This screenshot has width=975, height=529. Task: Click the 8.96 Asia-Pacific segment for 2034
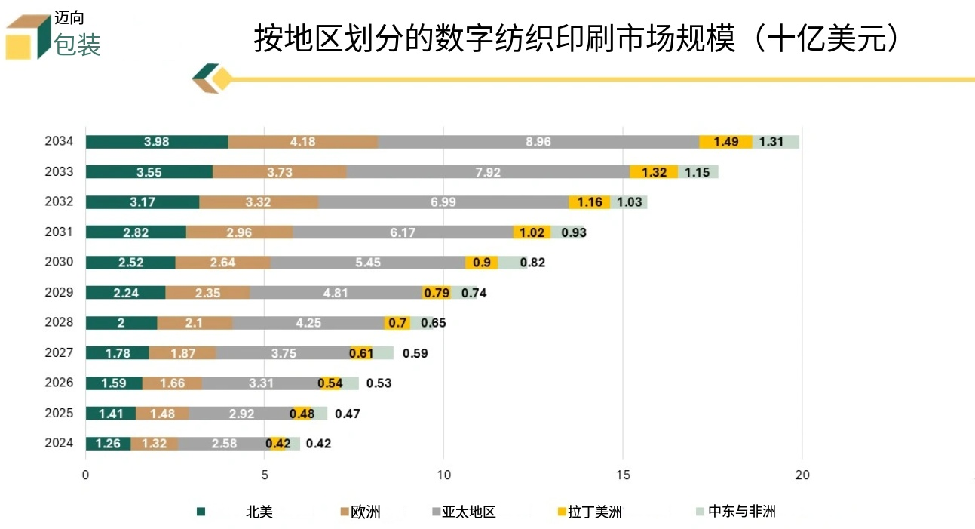pos(538,142)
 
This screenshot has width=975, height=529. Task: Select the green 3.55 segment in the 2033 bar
pos(149,172)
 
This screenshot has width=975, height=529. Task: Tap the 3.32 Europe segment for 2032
pos(259,202)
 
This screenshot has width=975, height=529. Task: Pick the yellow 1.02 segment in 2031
pos(532,232)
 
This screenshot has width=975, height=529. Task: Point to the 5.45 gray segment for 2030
pos(367,263)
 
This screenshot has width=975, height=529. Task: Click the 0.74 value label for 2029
pos(474,293)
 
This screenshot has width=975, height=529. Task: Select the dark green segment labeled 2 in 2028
pos(121,323)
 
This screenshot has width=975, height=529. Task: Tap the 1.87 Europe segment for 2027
pos(182,353)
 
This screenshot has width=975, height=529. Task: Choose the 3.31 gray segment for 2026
pos(261,383)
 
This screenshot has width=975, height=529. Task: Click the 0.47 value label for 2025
pos(348,414)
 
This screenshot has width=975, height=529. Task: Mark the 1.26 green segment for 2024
pos(108,444)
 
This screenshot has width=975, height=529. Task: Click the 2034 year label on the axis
pos(59,142)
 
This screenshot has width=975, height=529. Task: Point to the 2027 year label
pos(59,352)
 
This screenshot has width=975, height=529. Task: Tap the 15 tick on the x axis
pos(623,475)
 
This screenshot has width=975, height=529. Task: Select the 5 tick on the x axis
pos(265,475)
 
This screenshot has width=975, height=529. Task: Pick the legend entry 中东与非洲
pos(742,512)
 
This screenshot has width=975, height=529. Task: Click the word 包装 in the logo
pos(78,45)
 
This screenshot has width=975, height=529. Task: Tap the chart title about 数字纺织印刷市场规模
pos(577,38)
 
